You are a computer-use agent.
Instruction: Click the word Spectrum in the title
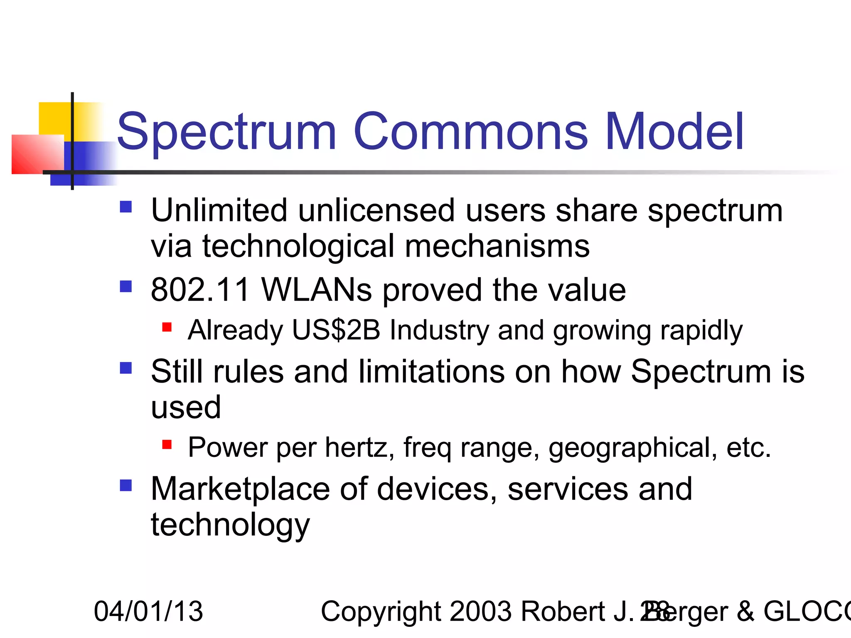(226, 132)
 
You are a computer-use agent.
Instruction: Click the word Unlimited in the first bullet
(219, 210)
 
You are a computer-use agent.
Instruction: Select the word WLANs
(317, 290)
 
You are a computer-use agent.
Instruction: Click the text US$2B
(336, 330)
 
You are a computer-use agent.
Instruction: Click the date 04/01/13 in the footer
(148, 611)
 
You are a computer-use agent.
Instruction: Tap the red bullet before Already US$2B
(167, 327)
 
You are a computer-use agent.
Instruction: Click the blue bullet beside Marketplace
(125, 485)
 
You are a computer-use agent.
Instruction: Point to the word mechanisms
(497, 246)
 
